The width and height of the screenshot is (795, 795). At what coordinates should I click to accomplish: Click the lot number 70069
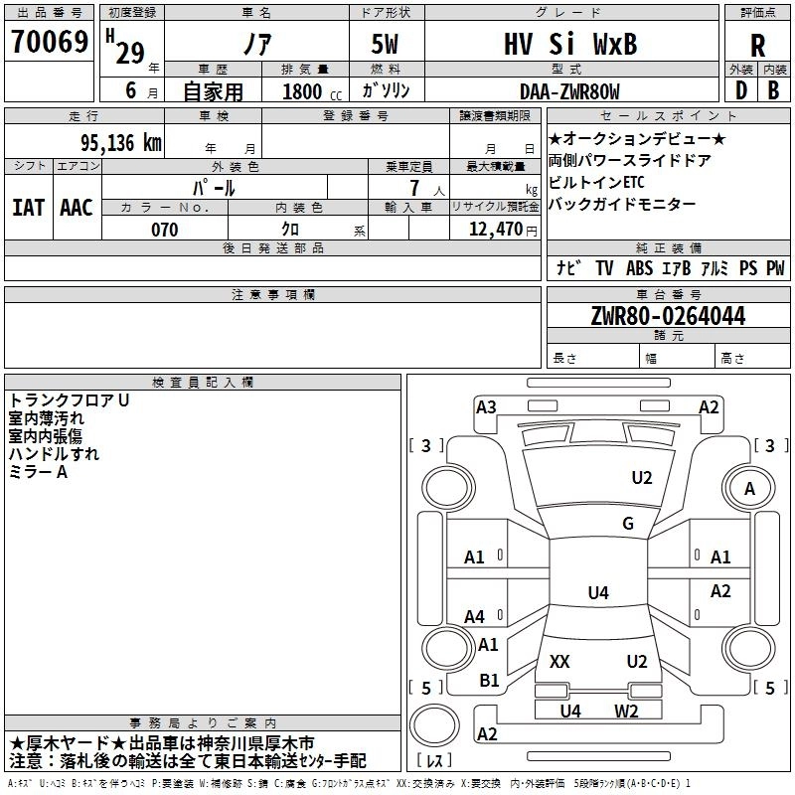[x=50, y=41]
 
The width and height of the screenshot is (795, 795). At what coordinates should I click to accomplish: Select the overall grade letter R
[x=757, y=46]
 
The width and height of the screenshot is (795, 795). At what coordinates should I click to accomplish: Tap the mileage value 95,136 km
[x=121, y=143]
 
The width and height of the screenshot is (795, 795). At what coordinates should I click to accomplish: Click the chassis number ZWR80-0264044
[x=668, y=316]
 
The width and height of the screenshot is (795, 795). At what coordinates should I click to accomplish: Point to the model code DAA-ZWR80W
[x=569, y=91]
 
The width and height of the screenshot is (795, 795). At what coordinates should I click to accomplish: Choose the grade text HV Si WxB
[x=570, y=44]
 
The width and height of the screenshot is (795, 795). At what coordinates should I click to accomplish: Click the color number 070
[x=165, y=230]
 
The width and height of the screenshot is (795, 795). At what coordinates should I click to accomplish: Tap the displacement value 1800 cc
[x=312, y=91]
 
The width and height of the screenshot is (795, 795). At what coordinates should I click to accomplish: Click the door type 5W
[x=385, y=44]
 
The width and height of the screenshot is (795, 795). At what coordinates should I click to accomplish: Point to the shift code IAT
[x=29, y=208]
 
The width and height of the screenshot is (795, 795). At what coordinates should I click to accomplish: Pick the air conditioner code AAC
[x=77, y=208]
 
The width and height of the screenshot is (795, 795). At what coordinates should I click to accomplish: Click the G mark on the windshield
[x=628, y=524]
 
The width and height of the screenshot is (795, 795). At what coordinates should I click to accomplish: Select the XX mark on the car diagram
[x=559, y=661]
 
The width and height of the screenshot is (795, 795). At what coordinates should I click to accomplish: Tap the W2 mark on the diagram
[x=626, y=712]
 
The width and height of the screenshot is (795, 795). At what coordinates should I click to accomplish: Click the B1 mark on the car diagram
[x=489, y=681]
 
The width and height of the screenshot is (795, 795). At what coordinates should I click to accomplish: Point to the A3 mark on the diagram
[x=486, y=407]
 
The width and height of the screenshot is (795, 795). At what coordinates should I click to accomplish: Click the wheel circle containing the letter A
[x=749, y=488]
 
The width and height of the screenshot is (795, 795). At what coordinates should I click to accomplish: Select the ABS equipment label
[x=639, y=267]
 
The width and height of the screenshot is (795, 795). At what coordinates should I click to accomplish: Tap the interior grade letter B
[x=773, y=90]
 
